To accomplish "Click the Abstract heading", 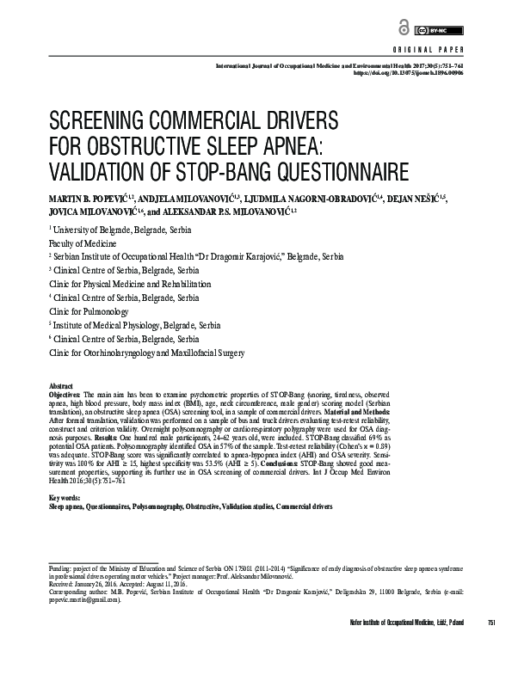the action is point(62,387).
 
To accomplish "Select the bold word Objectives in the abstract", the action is point(67,395).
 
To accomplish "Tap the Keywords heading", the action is point(65,498).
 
